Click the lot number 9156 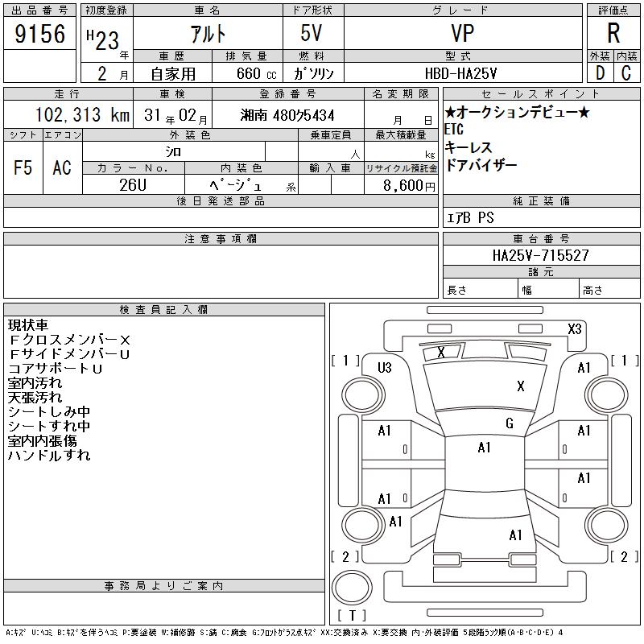click(39, 34)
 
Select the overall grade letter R click(613, 33)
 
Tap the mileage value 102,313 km click(83, 114)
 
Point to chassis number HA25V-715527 click(541, 255)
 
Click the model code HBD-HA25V click(460, 73)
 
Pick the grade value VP click(462, 33)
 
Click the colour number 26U click(133, 185)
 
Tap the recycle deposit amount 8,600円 click(409, 186)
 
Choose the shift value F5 click(23, 167)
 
